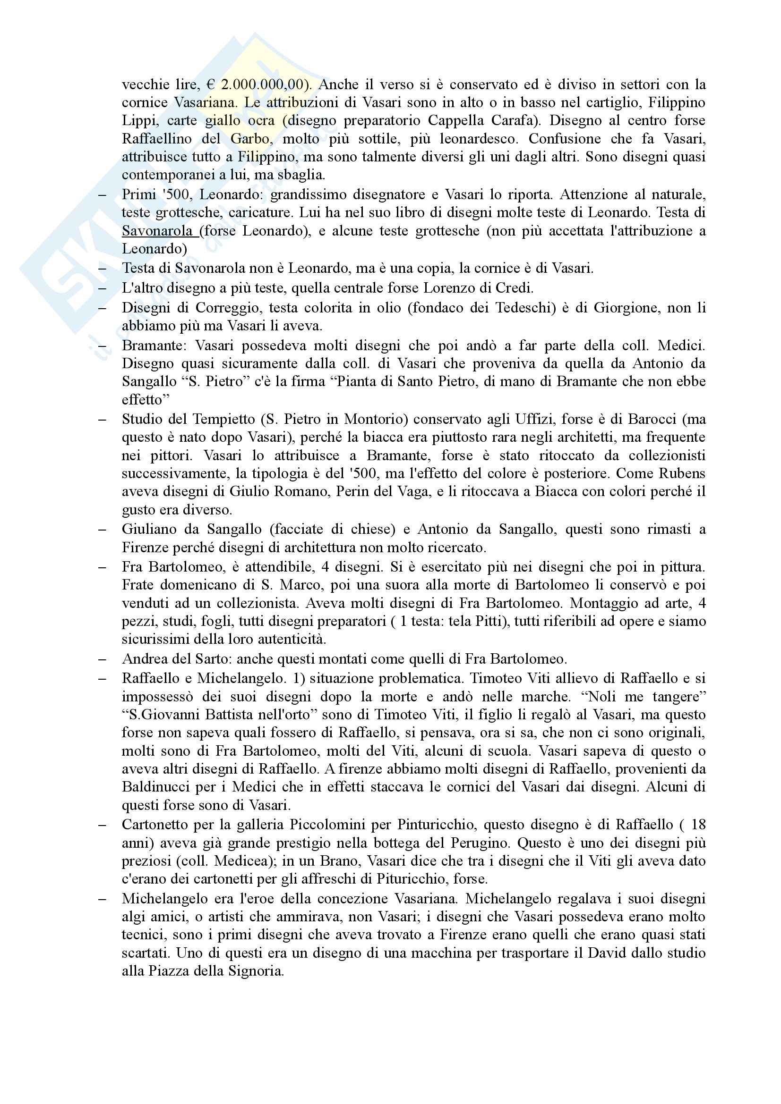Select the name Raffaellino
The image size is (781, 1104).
coord(157,139)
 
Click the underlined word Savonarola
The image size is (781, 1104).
coord(157,231)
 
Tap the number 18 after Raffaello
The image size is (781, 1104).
coord(698,825)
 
